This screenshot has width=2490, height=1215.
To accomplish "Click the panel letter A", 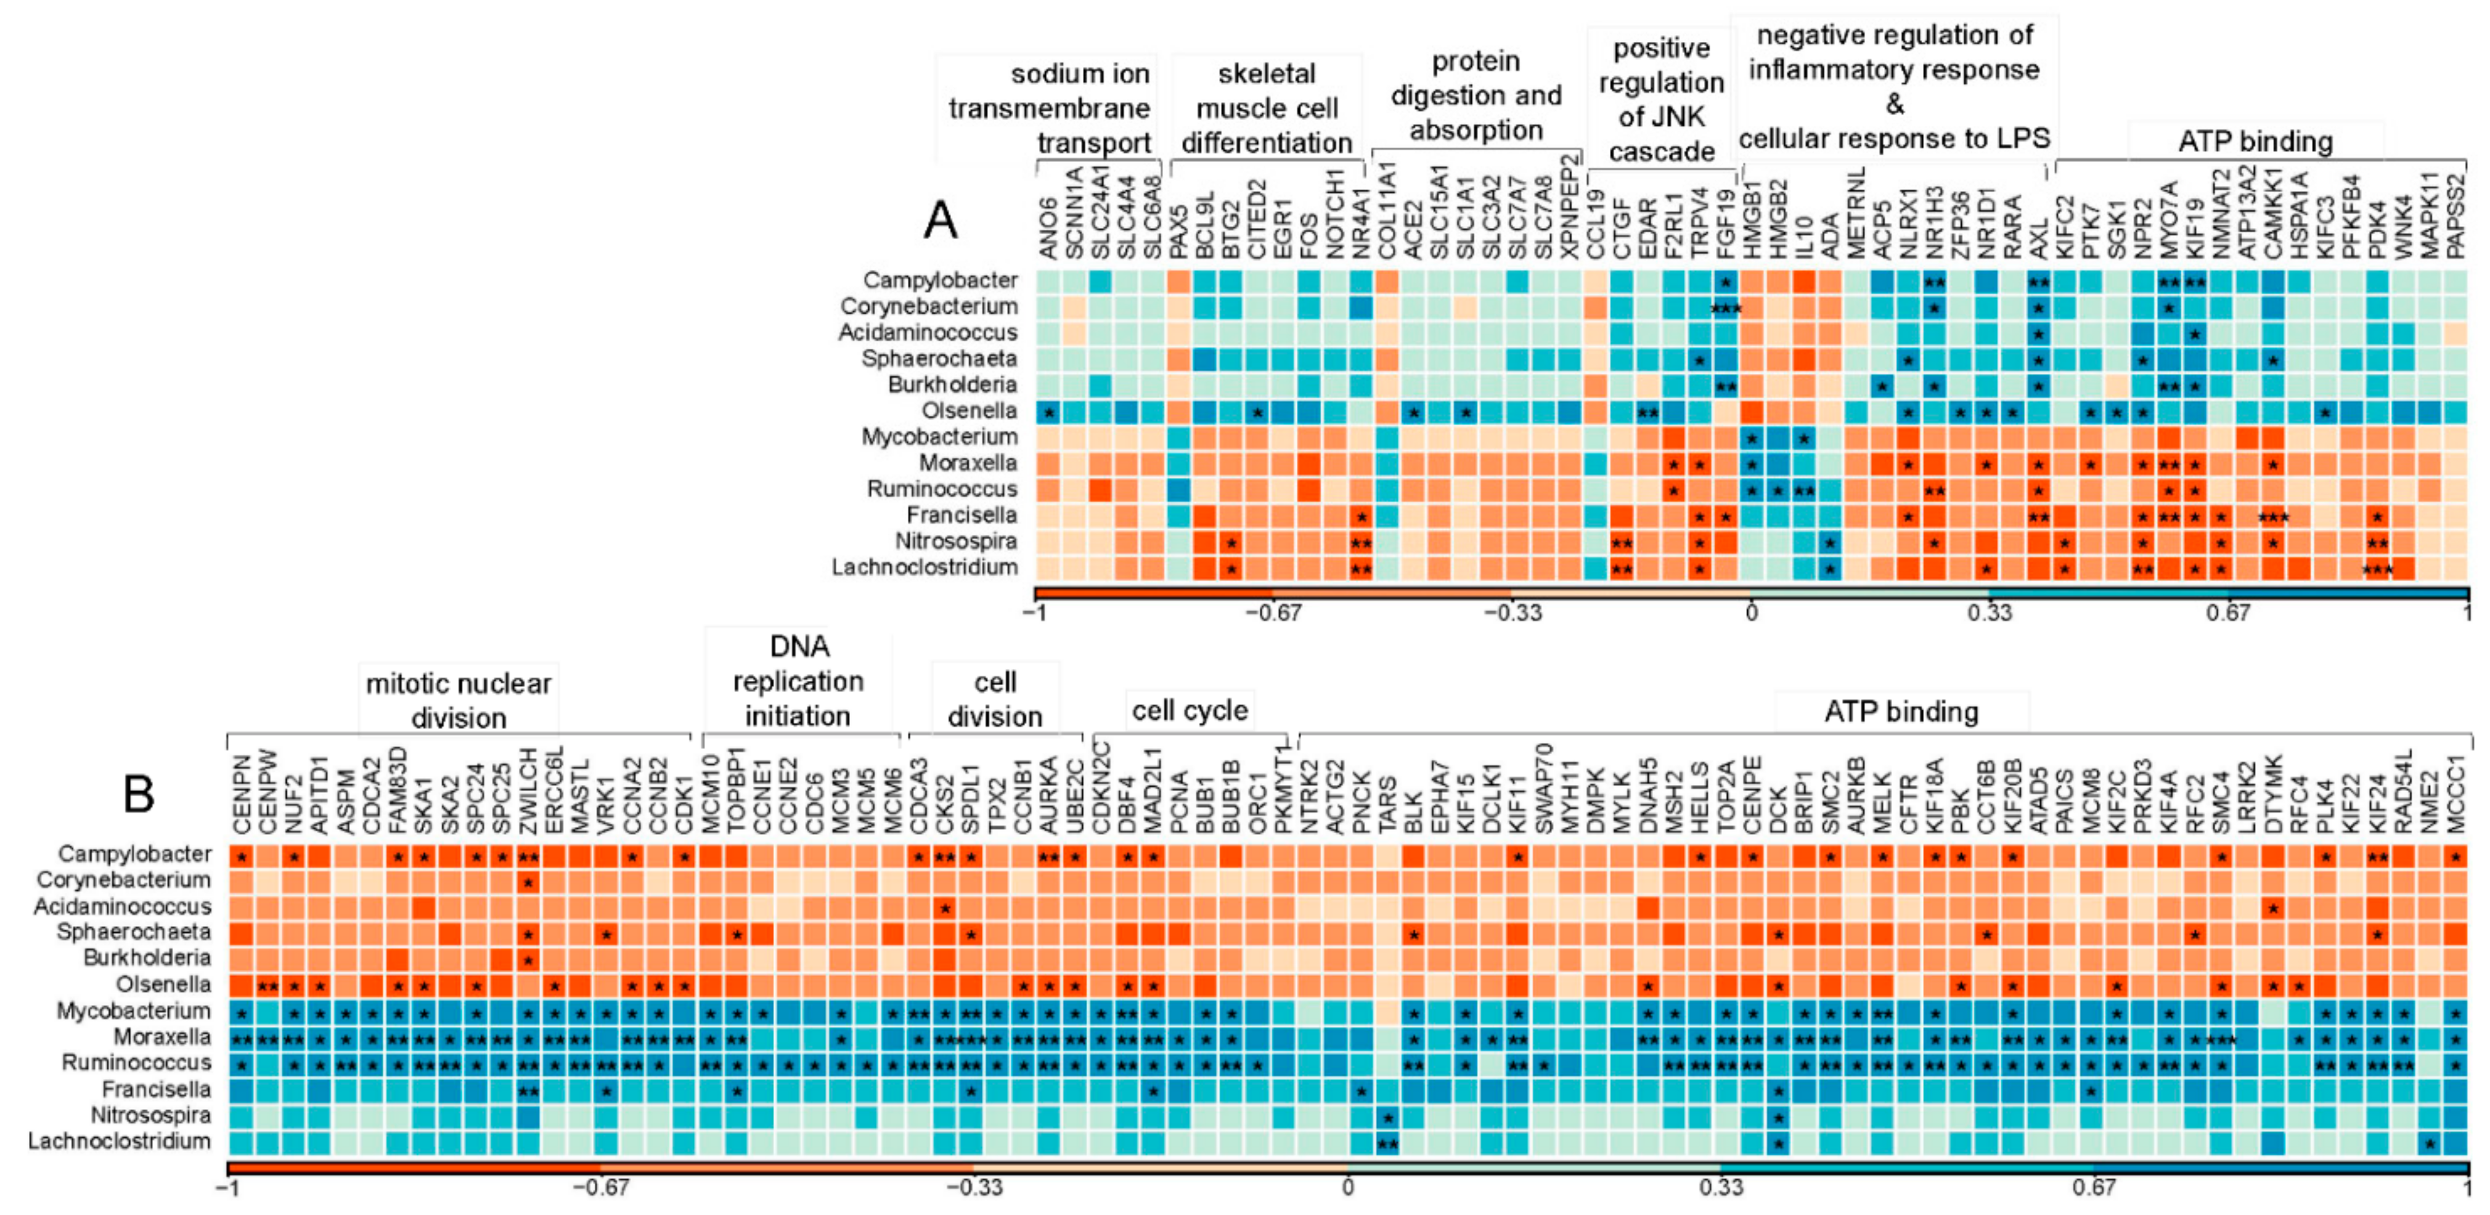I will pyautogui.click(x=939, y=221).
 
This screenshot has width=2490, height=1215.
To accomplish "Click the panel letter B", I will pyautogui.click(x=139, y=795).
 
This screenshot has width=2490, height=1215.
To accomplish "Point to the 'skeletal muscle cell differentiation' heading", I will pyautogui.click(x=1267, y=108).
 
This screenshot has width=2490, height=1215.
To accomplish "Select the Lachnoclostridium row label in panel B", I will pyautogui.click(x=119, y=1142).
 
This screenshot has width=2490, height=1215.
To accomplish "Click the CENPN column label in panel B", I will pyautogui.click(x=242, y=795).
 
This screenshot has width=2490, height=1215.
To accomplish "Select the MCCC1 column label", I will pyautogui.click(x=2456, y=795).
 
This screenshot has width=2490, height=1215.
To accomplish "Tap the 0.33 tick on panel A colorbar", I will pyautogui.click(x=1990, y=614).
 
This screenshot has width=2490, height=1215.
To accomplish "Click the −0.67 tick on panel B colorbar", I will pyautogui.click(x=600, y=1187).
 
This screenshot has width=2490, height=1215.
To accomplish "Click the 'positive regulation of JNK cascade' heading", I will pyautogui.click(x=1660, y=100).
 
